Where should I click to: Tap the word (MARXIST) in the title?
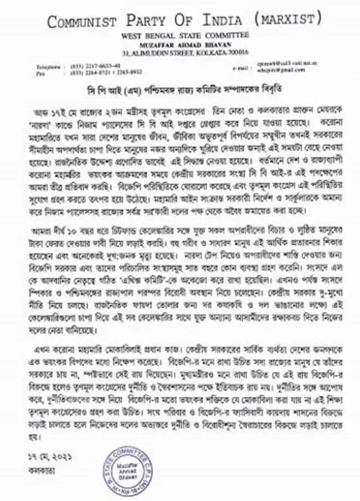coord(288,19)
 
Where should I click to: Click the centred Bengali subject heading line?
coord(179,90)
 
